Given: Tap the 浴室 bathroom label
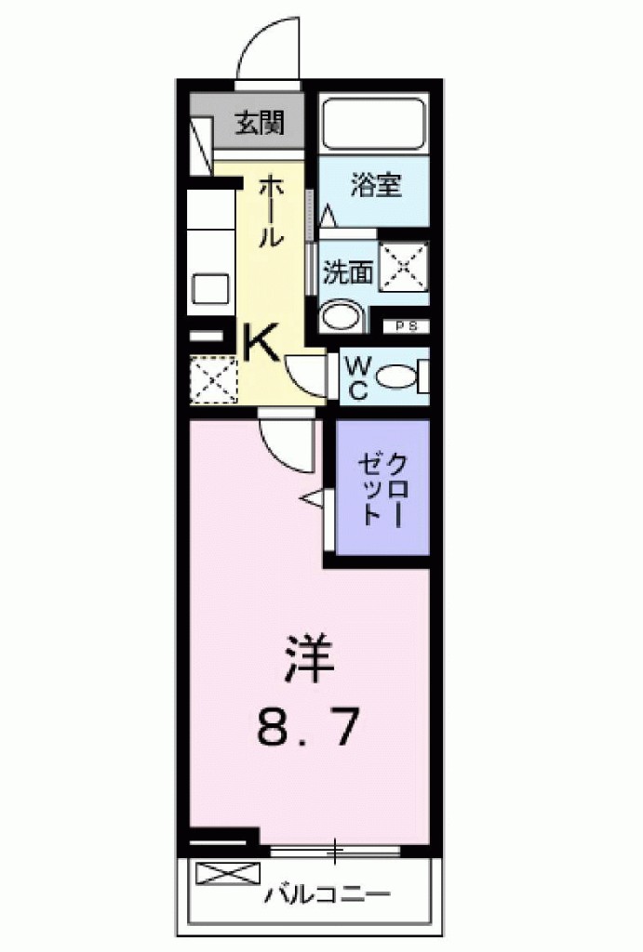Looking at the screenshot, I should pos(375,185).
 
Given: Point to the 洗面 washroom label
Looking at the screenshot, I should pos(348,271).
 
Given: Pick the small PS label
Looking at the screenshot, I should pos(407,325).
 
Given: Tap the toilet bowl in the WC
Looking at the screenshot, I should pos(399,377).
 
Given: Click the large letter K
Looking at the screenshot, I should pos(261,344).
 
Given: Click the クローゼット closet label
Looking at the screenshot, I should pos(383,488).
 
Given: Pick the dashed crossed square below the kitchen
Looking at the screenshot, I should pos(214,378).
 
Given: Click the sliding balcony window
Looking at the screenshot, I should pos(336,850).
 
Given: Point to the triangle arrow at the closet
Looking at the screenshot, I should pos(312,500).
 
